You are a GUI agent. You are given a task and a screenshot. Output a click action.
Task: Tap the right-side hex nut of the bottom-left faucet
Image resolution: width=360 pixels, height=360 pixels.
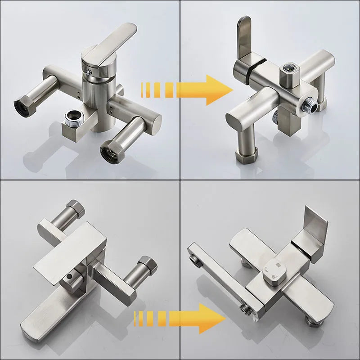click(x=147, y=264)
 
